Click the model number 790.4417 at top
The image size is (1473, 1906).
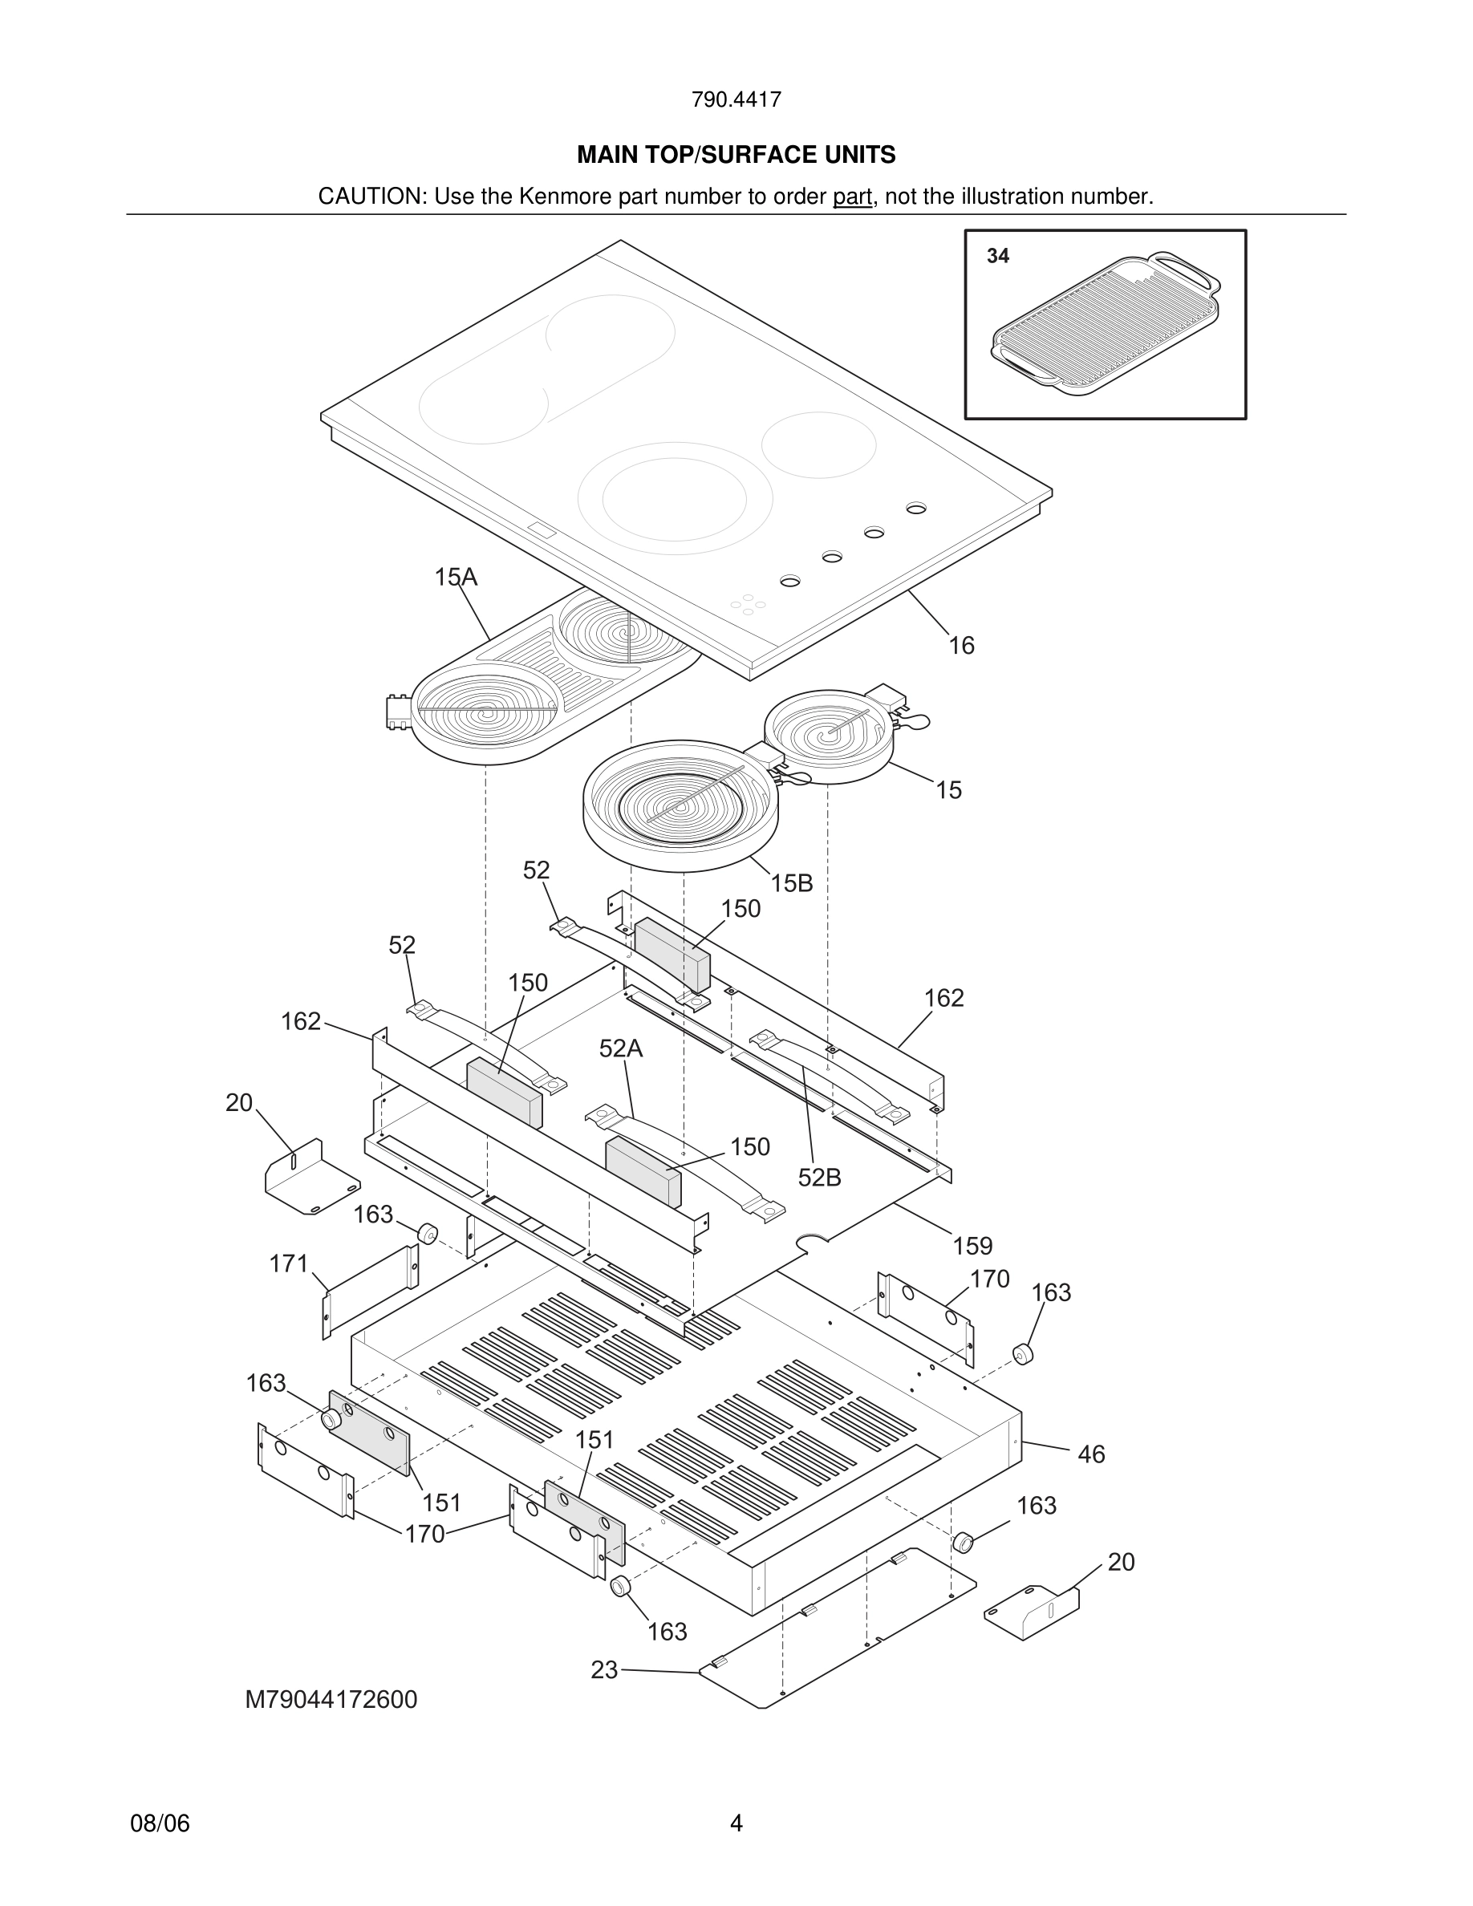pyautogui.click(x=736, y=99)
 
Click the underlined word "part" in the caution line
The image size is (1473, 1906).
pyautogui.click(x=852, y=197)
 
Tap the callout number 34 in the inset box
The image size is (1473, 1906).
pyautogui.click(x=997, y=256)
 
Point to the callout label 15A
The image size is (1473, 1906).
pyautogui.click(x=456, y=577)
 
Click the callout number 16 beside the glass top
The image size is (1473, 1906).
pyautogui.click(x=961, y=646)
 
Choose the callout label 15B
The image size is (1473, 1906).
pyautogui.click(x=792, y=883)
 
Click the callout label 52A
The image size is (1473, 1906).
pyautogui.click(x=620, y=1048)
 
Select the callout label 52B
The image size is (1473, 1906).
pyautogui.click(x=819, y=1178)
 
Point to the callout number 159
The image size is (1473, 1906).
pyautogui.click(x=972, y=1245)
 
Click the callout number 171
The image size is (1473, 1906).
pyautogui.click(x=289, y=1263)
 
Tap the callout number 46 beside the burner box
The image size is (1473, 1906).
pyautogui.click(x=1091, y=1454)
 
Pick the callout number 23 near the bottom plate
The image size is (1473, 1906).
pyautogui.click(x=604, y=1669)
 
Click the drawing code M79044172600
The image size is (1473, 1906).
pyautogui.click(x=331, y=1700)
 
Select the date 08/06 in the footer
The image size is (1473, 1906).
pyautogui.click(x=160, y=1823)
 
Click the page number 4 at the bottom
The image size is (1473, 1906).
pyautogui.click(x=736, y=1823)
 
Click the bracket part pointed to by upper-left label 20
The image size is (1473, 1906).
pyautogui.click(x=310, y=1178)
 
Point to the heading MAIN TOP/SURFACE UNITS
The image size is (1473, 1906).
pyautogui.click(x=736, y=155)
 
